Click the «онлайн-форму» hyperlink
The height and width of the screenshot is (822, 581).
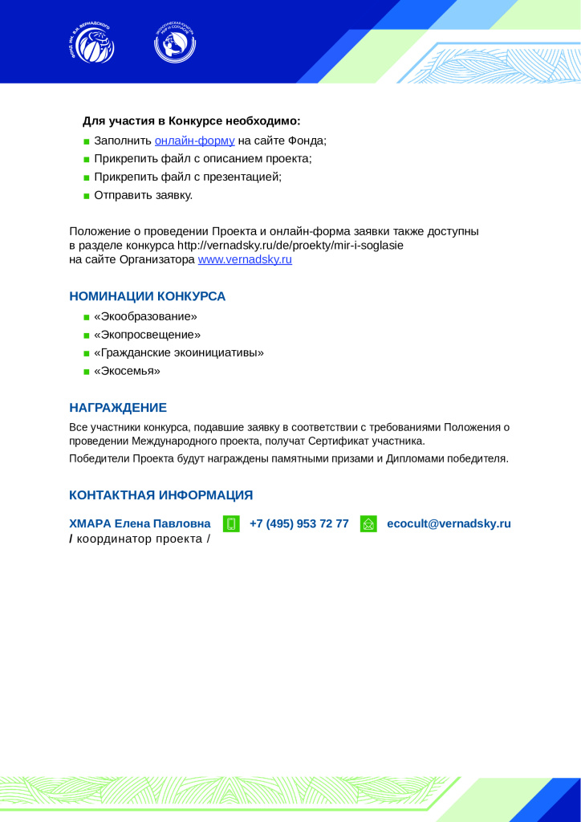[x=194, y=140]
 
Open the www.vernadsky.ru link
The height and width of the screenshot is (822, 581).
[x=245, y=260]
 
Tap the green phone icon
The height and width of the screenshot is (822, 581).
[x=231, y=524]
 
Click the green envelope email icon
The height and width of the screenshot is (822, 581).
[x=368, y=524]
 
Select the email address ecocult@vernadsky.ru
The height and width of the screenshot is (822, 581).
[x=449, y=524]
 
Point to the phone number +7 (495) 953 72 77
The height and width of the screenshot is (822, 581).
[x=299, y=524]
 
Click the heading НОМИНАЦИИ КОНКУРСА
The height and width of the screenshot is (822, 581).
[x=148, y=296]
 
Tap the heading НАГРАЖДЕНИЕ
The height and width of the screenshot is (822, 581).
[x=118, y=408]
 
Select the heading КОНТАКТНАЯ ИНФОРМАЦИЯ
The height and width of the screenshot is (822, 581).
[x=161, y=494]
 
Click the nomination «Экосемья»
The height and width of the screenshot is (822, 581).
[x=127, y=371]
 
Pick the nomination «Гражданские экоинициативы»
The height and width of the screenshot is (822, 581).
[x=179, y=352]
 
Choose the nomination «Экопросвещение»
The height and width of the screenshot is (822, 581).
[x=147, y=334]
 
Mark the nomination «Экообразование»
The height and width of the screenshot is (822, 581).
[x=145, y=316]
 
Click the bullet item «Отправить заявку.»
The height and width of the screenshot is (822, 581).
[x=143, y=195]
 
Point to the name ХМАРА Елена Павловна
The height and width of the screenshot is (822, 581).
[x=140, y=524]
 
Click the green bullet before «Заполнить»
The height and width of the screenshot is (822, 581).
[x=86, y=141]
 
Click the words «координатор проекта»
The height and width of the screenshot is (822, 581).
[x=140, y=539]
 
